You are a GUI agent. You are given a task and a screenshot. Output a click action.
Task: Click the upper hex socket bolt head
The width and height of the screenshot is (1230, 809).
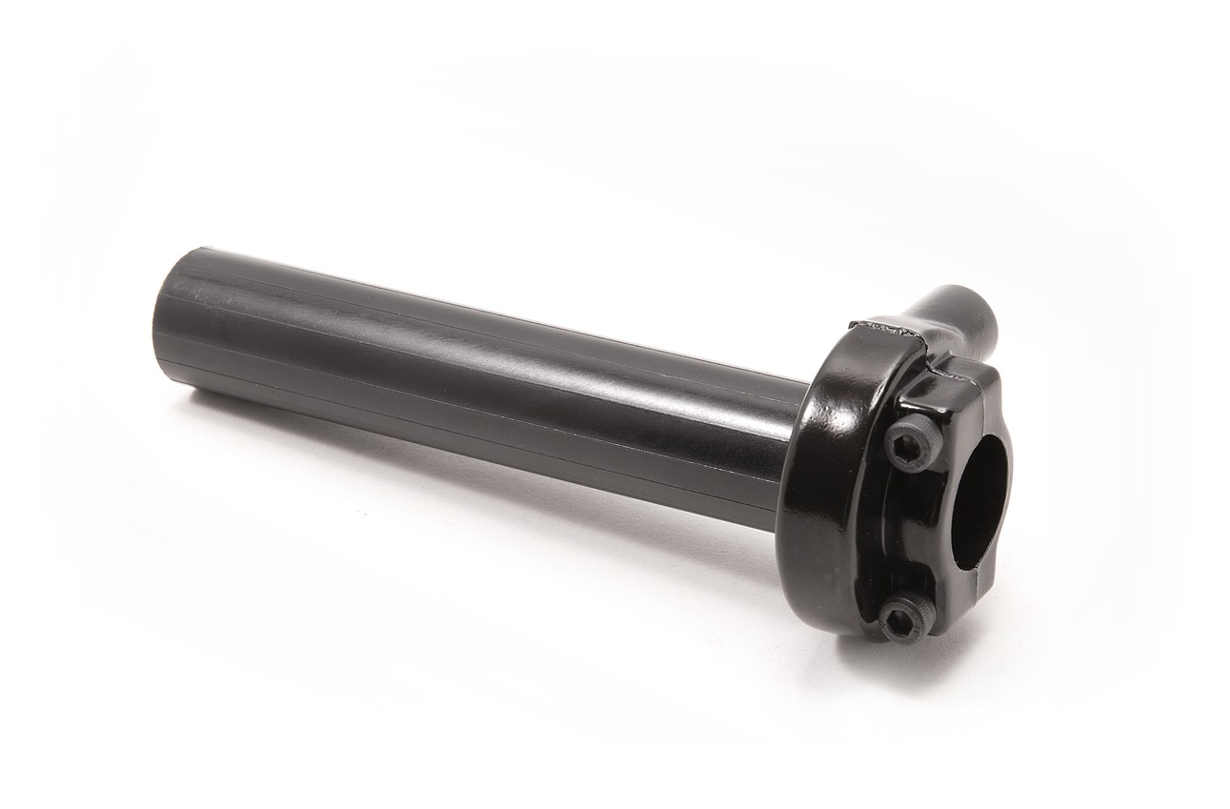point(910,443)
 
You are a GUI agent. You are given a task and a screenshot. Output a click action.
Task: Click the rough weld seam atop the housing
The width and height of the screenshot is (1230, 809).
point(891,329)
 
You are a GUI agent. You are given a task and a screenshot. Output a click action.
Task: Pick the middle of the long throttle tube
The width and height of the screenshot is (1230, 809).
point(476,381)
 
